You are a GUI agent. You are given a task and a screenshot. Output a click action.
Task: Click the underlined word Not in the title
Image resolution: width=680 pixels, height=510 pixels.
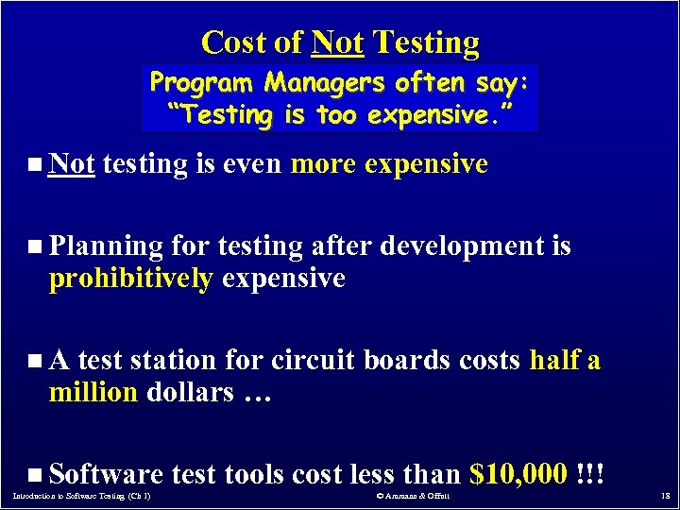tap(338, 42)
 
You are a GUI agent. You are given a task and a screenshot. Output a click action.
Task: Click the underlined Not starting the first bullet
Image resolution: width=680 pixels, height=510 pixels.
tap(72, 164)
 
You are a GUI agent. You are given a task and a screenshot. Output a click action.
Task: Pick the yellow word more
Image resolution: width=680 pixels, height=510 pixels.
tap(323, 164)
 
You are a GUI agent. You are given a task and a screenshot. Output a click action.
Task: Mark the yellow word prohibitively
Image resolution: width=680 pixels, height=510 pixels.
tap(130, 279)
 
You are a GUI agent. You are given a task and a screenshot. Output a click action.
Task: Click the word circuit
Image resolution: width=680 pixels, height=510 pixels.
tap(313, 360)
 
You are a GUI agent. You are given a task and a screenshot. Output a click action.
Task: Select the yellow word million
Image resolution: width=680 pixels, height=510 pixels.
tap(93, 392)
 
